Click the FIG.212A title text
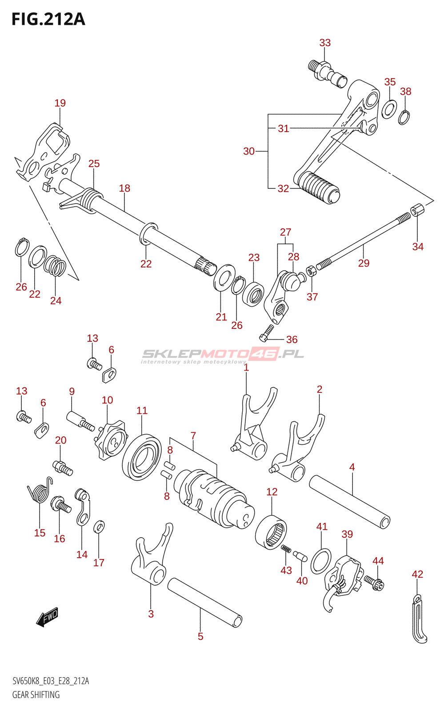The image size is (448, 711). click(48, 20)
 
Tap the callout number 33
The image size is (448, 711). click(325, 43)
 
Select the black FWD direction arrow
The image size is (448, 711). click(47, 617)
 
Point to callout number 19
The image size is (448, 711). click(60, 103)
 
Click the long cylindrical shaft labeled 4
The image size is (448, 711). click(349, 502)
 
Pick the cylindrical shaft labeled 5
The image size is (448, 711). click(204, 602)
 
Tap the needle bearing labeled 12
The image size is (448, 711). click(271, 532)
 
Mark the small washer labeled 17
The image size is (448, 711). click(99, 527)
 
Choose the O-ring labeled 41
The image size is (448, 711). click(321, 561)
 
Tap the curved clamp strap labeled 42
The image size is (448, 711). click(418, 619)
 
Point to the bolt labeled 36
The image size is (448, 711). click(267, 333)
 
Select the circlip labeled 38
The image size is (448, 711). click(404, 117)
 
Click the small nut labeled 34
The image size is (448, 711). click(417, 209)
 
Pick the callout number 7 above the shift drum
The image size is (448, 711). click(193, 436)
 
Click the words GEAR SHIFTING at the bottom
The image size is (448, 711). click(36, 695)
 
